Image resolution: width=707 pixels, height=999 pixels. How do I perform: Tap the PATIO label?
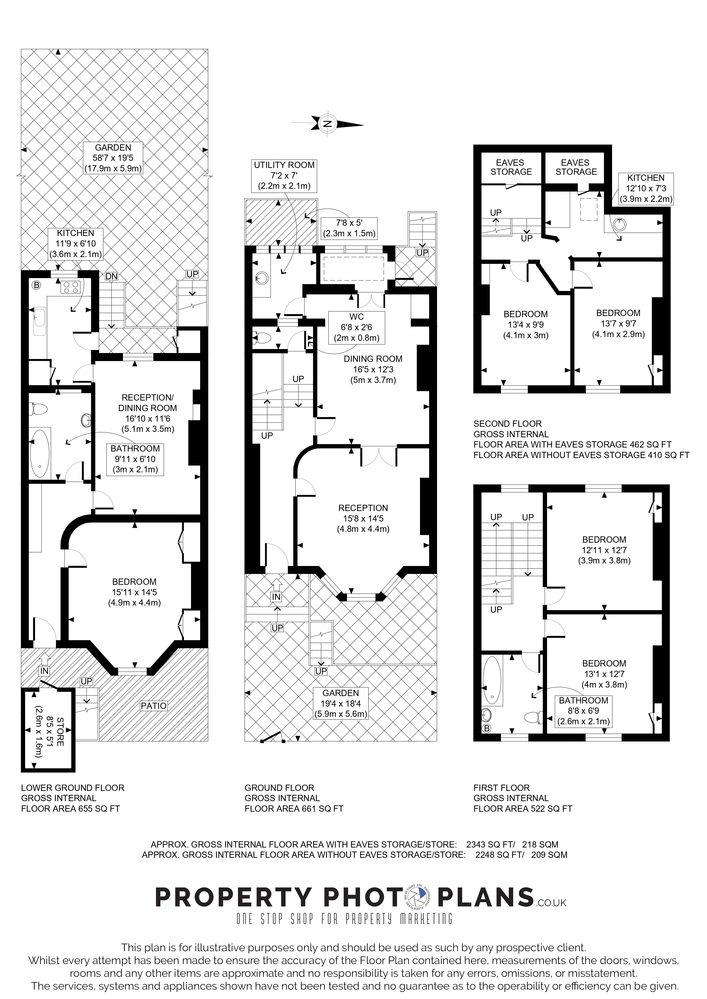[x=154, y=705]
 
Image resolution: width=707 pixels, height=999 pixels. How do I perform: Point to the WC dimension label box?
[x=356, y=327]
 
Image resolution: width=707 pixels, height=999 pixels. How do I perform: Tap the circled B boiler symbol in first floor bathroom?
[x=487, y=728]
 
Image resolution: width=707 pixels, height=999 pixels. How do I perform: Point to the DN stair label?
[x=111, y=276]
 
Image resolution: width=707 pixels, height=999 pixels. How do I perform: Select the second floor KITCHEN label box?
[x=646, y=189]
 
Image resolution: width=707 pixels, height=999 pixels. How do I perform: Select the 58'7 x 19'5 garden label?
[x=113, y=158]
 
